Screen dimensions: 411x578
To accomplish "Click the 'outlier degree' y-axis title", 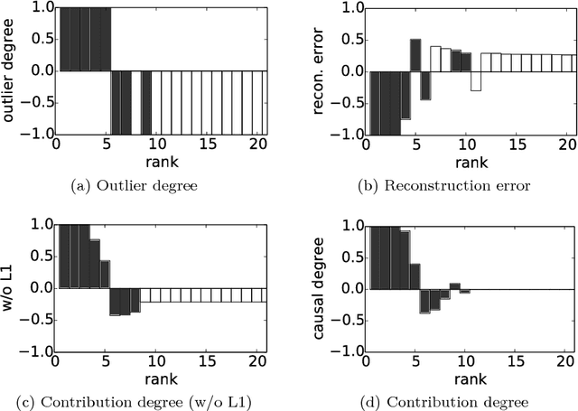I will coord(11,70).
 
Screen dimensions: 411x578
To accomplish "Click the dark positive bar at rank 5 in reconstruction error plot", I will coord(415,55).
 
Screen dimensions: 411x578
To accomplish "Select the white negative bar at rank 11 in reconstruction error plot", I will coord(476,80).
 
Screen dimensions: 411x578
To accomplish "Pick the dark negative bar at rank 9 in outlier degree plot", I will coord(146,102).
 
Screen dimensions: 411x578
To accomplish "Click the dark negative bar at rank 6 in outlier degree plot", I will coord(116,102).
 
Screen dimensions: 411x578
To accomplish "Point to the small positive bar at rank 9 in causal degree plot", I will coord(455,286).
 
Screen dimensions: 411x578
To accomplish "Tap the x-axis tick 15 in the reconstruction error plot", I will coord(517,146).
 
